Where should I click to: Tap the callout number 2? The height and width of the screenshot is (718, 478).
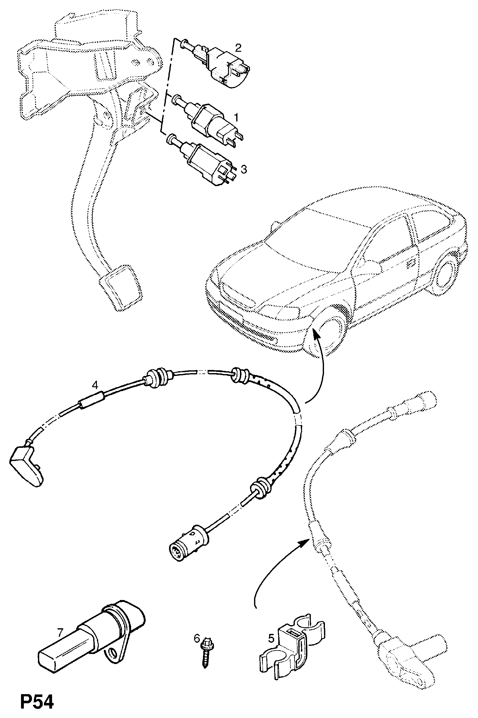click(238, 48)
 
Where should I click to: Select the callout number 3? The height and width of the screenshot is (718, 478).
click(244, 169)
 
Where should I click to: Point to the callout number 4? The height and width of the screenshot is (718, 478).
click(95, 384)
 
